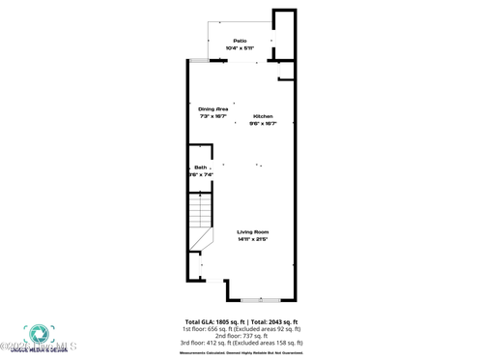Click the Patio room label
pyautogui.click(x=240, y=40)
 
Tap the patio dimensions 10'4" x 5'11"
pyautogui.click(x=240, y=47)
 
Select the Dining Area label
pyautogui.click(x=213, y=108)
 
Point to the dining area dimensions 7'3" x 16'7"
pyautogui.click(x=213, y=116)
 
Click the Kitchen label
pyautogui.click(x=264, y=116)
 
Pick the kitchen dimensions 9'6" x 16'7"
pyautogui.click(x=264, y=124)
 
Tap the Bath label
pyautogui.click(x=200, y=167)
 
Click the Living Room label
pyautogui.click(x=253, y=231)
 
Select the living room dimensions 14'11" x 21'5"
pyautogui.click(x=253, y=239)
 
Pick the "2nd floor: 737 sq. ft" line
pyautogui.click(x=241, y=335)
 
